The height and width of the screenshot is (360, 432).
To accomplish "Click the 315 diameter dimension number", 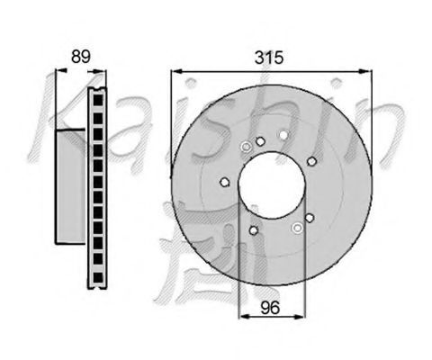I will click(269, 58).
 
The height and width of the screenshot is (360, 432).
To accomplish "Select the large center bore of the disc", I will click(271, 184).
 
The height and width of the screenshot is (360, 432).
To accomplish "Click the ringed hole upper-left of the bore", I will click(247, 148).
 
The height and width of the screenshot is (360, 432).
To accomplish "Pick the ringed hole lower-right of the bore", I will click(296, 227).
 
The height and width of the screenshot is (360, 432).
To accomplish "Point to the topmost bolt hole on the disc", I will click(283, 136).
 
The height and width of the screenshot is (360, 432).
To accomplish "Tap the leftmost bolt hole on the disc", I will click(225, 183).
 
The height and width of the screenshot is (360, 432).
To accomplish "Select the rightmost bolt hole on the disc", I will click(311, 161).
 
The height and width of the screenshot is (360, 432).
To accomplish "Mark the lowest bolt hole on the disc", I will click(254, 230).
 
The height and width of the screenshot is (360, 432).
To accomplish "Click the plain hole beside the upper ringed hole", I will click(260, 141).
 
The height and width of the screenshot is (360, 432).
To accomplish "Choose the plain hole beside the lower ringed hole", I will click(310, 218).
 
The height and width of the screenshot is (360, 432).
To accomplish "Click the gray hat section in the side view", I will click(72, 184).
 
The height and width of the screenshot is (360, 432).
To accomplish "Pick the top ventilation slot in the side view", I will click(98, 102).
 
